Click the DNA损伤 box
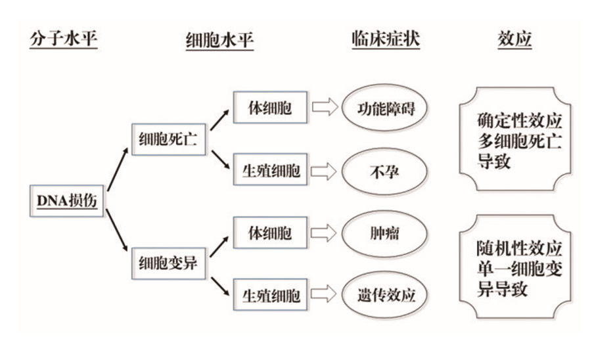(x=67, y=201)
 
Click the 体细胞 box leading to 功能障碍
(x=270, y=108)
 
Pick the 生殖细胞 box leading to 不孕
(x=270, y=171)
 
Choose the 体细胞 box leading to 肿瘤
(x=270, y=233)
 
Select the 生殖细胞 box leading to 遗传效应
(x=270, y=296)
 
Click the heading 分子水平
(x=63, y=40)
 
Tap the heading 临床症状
(x=386, y=40)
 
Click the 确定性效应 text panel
(x=520, y=141)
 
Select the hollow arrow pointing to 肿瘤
(x=323, y=233)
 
